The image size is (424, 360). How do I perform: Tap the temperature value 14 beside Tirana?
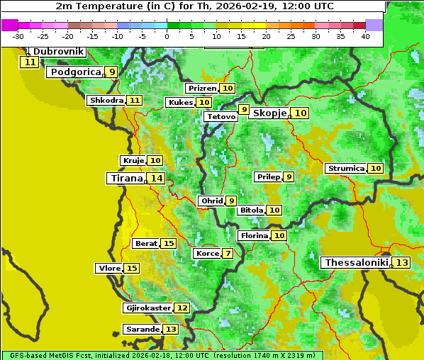[x=156, y=179]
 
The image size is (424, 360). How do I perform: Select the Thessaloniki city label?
[x=357, y=263]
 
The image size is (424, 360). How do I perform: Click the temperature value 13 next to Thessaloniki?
[x=401, y=263]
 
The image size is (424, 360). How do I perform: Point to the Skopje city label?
[x=269, y=113]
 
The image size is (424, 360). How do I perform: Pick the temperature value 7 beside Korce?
[x=228, y=254]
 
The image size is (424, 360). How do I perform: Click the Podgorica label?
[x=74, y=72]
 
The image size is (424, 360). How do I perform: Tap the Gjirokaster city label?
[x=147, y=308]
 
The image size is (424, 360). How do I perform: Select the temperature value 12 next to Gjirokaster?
[x=182, y=308]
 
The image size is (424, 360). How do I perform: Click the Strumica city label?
[x=346, y=169]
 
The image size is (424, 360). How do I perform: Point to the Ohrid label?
[x=211, y=201]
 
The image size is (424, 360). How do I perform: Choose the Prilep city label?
[x=268, y=176]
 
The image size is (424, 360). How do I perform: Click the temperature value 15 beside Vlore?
[x=132, y=269]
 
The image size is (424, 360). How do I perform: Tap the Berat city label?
[x=146, y=244]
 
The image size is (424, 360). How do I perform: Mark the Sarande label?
[x=142, y=330]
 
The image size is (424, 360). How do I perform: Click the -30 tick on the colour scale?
[x=18, y=35]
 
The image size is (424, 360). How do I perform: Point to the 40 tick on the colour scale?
[x=365, y=35]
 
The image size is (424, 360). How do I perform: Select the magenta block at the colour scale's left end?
[x=10, y=25]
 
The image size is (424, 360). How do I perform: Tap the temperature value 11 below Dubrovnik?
[x=30, y=62]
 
